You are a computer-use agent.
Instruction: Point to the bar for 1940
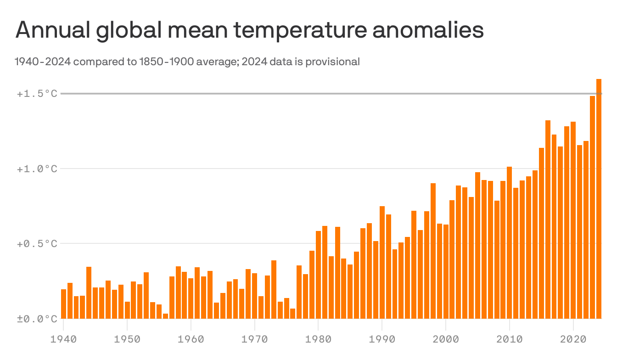click(63, 304)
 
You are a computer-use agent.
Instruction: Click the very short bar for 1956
click(165, 316)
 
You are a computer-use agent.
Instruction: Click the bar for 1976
click(293, 313)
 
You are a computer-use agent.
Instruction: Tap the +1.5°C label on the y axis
click(37, 94)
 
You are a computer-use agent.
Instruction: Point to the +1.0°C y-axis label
click(37, 169)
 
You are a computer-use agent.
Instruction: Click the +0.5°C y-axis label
click(37, 243)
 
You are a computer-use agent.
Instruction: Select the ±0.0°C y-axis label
click(37, 318)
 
